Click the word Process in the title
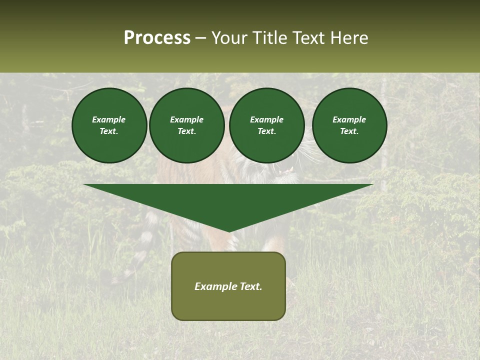157,38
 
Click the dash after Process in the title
201,38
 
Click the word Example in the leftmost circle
109,119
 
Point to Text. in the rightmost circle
349,131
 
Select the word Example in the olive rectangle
215,286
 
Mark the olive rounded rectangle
228,305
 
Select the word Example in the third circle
266,119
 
